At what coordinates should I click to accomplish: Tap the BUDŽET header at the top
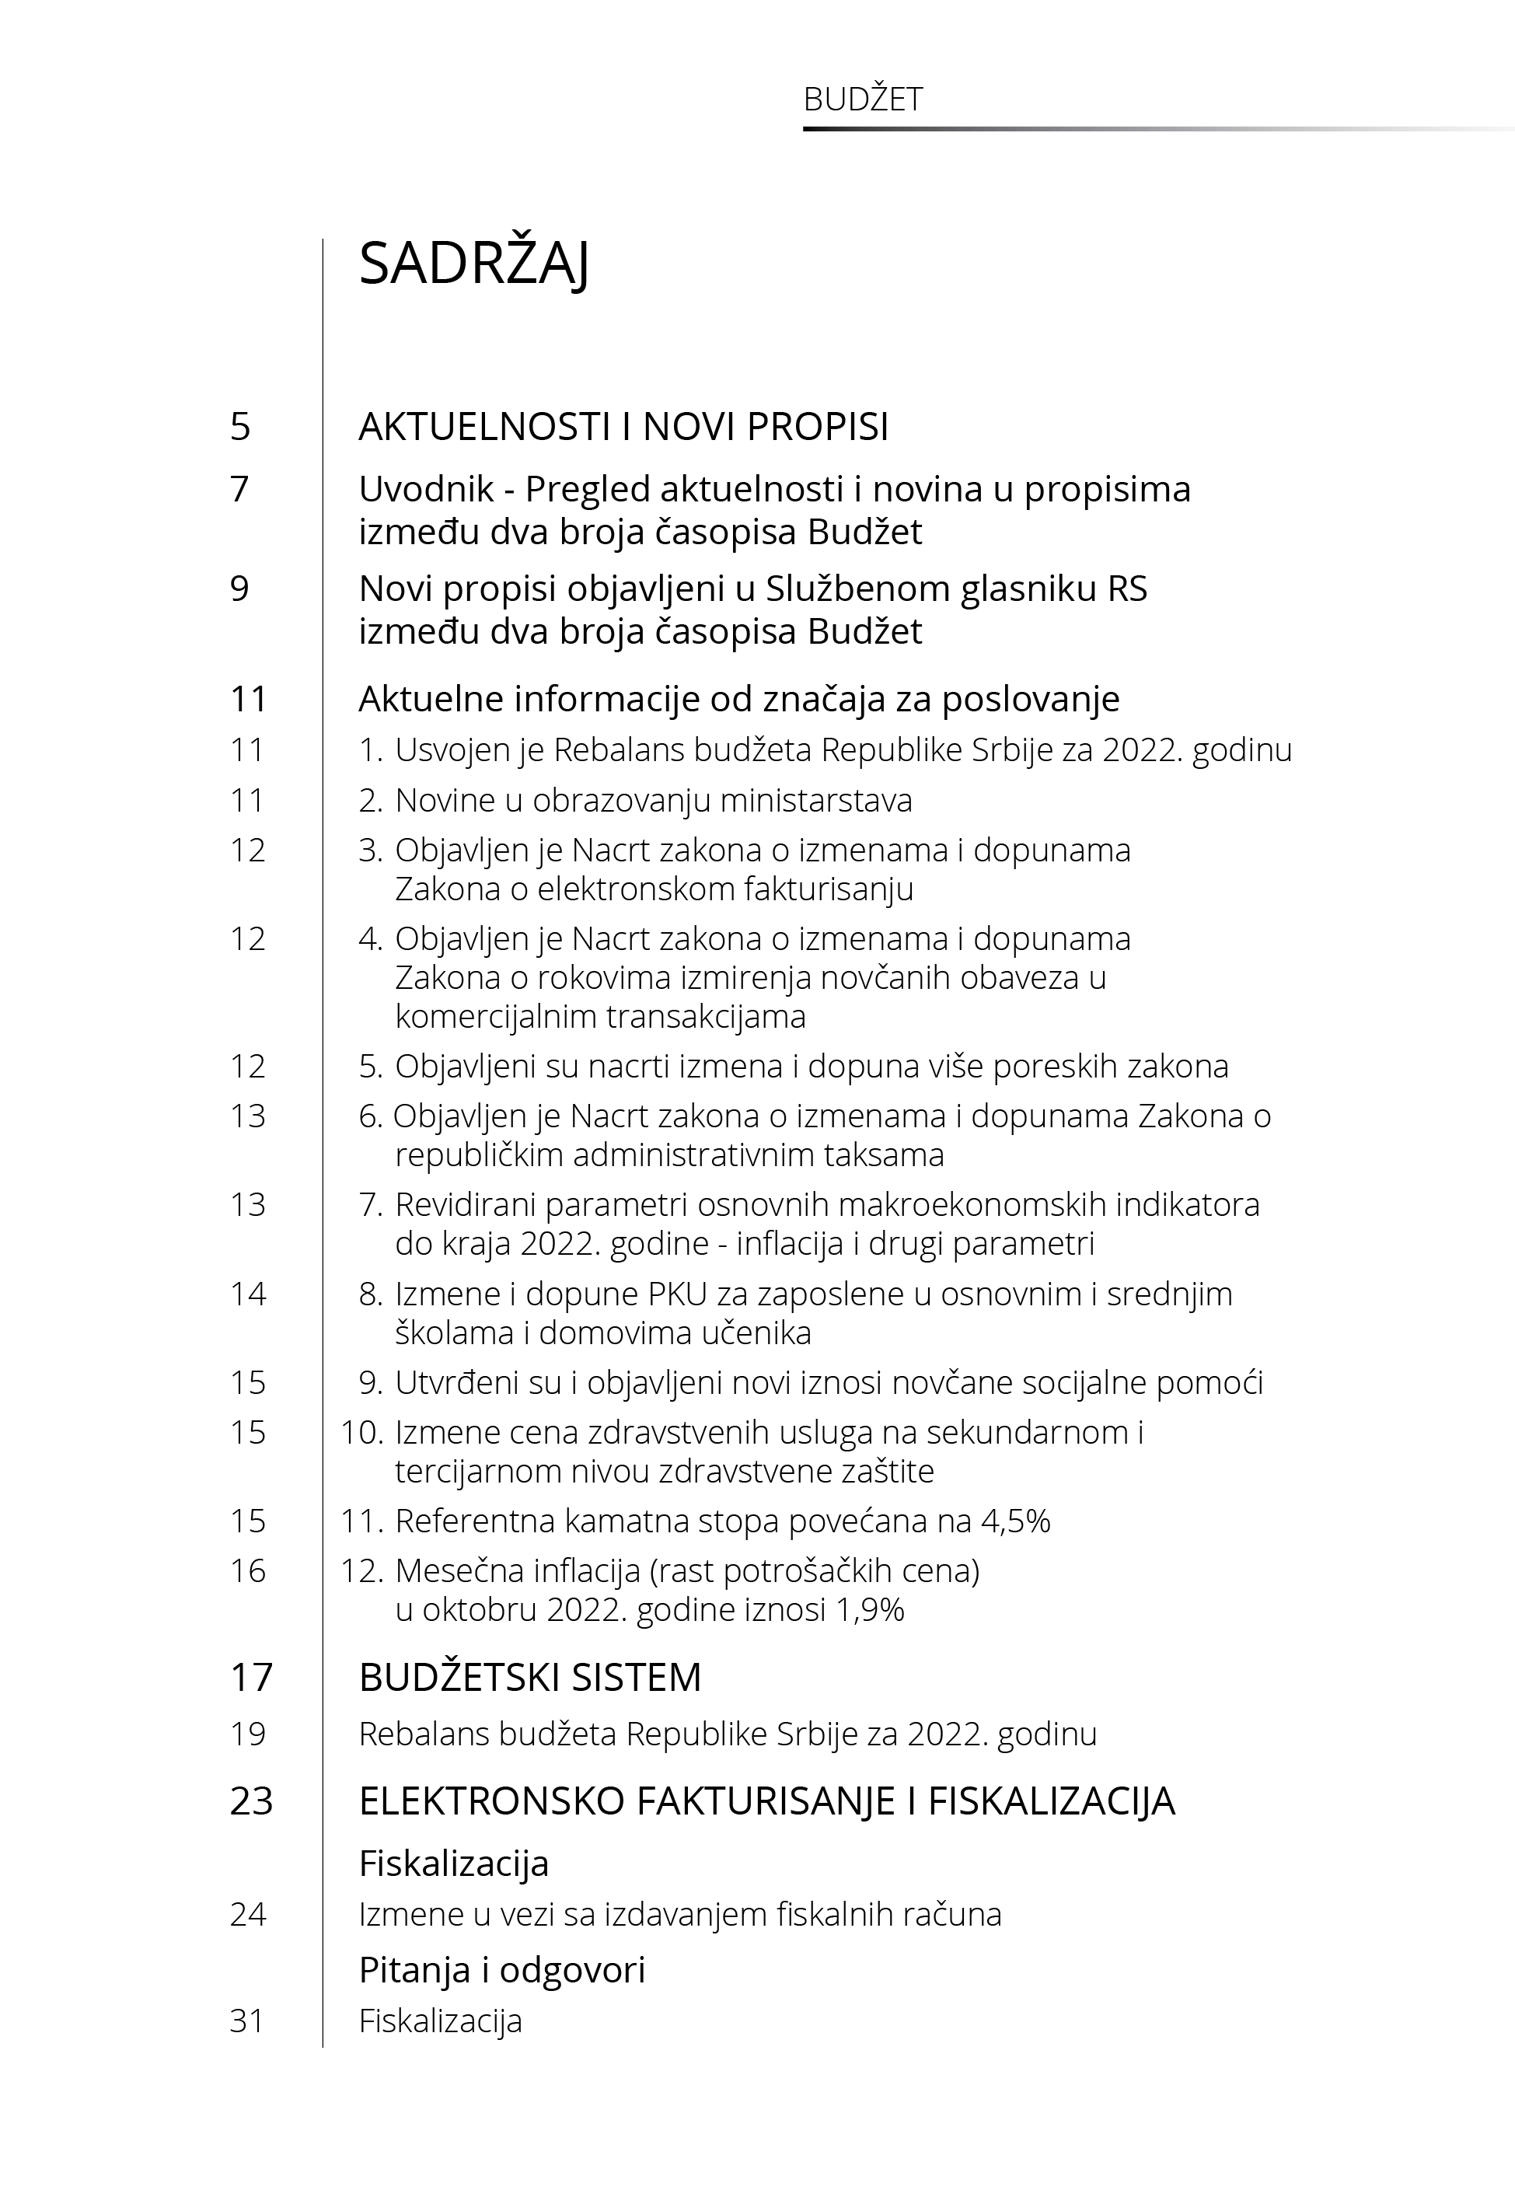click(x=862, y=100)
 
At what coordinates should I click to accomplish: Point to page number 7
click(x=239, y=490)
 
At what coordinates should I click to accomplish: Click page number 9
click(x=239, y=589)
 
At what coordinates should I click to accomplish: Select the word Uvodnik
click(x=426, y=490)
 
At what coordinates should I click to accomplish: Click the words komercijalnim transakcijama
click(x=600, y=1017)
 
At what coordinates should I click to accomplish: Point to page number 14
click(x=247, y=1294)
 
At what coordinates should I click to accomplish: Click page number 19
click(x=247, y=1735)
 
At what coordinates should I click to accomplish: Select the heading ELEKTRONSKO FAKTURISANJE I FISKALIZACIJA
click(x=766, y=1801)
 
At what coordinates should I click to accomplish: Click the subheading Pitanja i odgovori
click(x=501, y=1971)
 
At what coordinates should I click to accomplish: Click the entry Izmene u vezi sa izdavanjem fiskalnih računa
click(x=679, y=1916)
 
